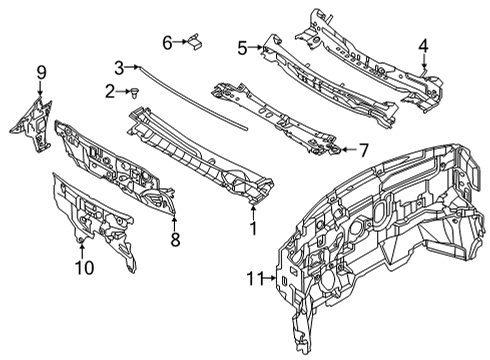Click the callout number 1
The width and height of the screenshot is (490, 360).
[253, 227]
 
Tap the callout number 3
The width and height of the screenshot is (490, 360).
[119, 67]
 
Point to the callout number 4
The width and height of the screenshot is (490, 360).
[423, 45]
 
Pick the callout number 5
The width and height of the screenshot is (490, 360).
[242, 46]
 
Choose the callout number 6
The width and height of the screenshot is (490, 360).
[169, 42]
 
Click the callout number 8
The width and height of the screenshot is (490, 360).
[174, 239]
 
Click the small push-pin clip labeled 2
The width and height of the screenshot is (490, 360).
[133, 93]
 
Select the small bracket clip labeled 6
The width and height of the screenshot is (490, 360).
[196, 41]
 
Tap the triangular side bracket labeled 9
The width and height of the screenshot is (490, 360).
[32, 118]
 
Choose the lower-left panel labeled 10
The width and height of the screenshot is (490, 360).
[95, 215]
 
